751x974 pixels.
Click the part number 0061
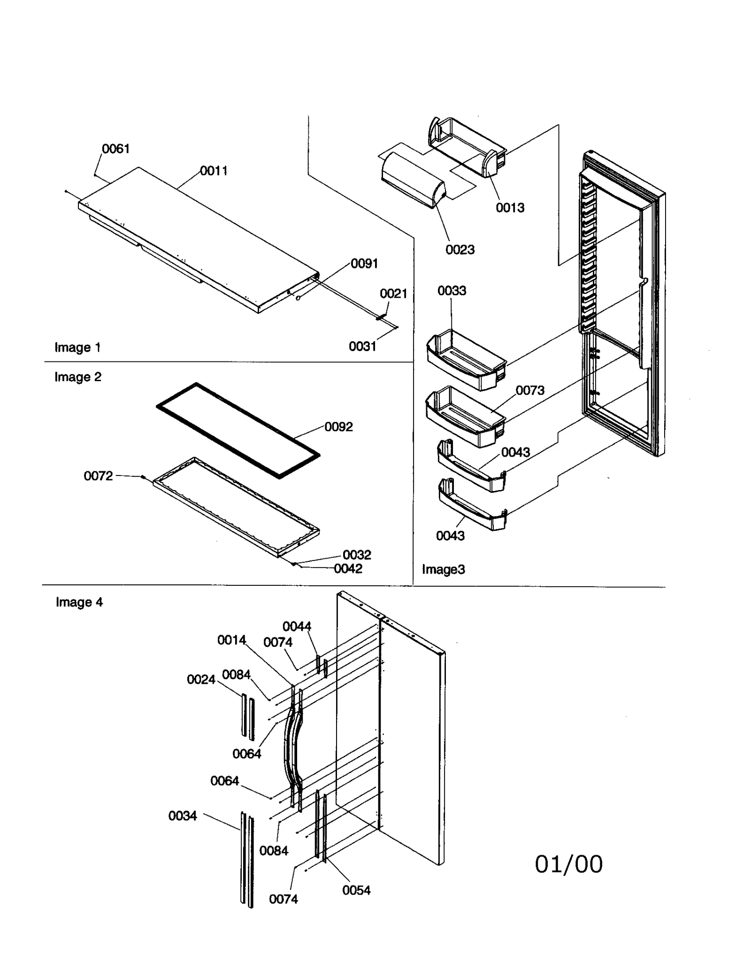point(115,149)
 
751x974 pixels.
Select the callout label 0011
point(214,171)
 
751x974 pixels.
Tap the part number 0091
point(364,264)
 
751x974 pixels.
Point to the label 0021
point(393,294)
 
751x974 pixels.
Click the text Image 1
point(77,347)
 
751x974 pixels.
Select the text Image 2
point(78,377)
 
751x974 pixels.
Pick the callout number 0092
point(338,427)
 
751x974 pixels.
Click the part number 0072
point(98,476)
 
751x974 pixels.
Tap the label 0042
point(348,569)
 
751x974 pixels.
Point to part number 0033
point(452,291)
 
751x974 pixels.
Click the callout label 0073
point(530,391)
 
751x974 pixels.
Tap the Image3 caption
point(443,569)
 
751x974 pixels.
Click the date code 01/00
point(568,864)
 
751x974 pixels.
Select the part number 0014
point(231,640)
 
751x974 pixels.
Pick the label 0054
point(356,890)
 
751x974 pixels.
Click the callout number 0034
point(183,816)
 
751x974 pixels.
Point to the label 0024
point(201,680)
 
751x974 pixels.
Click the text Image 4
point(79,602)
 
